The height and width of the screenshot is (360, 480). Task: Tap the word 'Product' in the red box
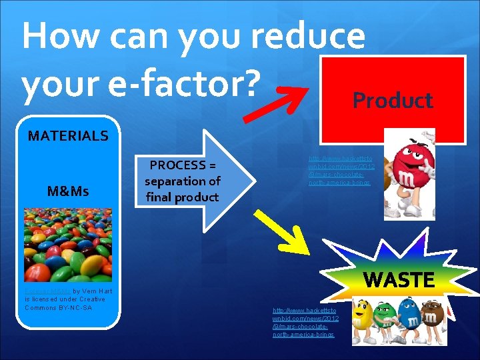[x=393, y=101]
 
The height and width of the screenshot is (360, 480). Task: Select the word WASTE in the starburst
[x=399, y=279]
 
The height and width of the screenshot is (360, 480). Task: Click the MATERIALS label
[x=68, y=136]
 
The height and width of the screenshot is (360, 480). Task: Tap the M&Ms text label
[x=68, y=191]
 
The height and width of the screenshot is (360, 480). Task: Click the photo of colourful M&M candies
[x=68, y=244]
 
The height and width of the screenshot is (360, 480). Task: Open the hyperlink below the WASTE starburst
[x=305, y=322]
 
